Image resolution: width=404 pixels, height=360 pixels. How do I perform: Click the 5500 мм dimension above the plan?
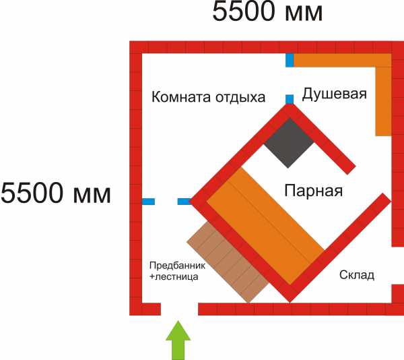pos(267,11)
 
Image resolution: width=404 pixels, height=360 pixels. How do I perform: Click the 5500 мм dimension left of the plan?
pos(56,193)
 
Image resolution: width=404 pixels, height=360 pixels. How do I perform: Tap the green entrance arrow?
pos(178,340)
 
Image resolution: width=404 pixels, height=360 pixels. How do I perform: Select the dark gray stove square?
pos(289,143)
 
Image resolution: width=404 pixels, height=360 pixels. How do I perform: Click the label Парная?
pos(313,191)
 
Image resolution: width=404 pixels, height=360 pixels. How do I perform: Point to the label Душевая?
pos(334,94)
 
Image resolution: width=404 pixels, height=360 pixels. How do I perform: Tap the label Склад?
pos(357,275)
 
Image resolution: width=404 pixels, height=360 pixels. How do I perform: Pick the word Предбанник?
pos(177,266)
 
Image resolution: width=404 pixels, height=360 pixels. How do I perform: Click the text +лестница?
pos(174,276)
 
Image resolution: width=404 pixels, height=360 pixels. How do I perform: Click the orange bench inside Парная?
pos(265,227)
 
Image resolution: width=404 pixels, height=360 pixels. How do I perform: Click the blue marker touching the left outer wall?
pos(148,202)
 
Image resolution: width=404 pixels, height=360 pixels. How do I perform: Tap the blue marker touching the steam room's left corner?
pos(184,202)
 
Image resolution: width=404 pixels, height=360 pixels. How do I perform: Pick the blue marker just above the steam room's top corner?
pos(290,99)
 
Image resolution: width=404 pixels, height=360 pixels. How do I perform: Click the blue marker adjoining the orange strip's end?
pos(290,61)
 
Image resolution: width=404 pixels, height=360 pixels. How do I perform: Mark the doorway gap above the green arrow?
pos(180,309)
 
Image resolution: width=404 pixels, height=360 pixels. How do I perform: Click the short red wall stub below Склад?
pos(397,293)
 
